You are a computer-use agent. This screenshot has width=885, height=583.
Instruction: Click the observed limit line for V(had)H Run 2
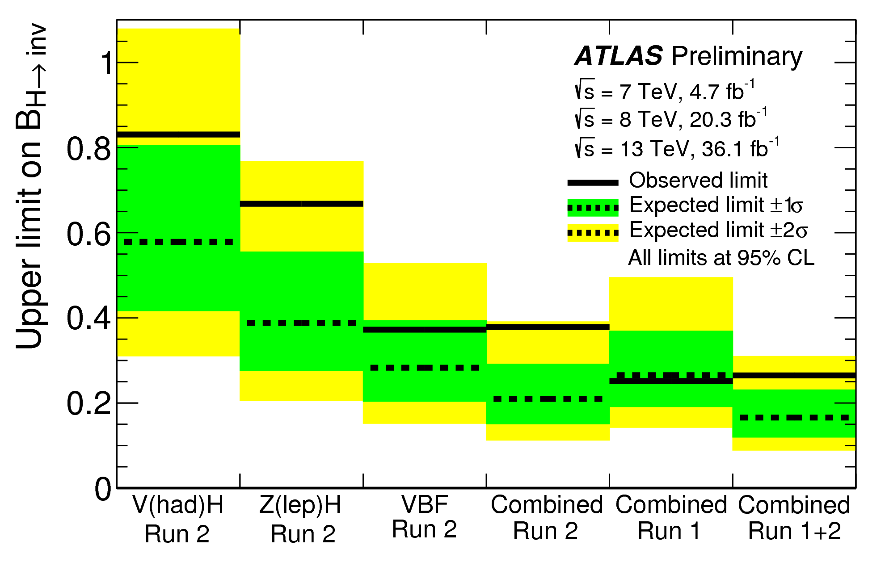(x=178, y=134)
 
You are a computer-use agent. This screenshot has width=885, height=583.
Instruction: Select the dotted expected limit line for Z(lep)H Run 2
(x=302, y=323)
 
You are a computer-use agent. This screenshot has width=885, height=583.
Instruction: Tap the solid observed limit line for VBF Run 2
(x=425, y=330)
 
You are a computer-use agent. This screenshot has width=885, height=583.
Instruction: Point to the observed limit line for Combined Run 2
(x=548, y=327)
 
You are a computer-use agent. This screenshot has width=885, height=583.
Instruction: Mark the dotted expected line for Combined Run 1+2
(x=794, y=417)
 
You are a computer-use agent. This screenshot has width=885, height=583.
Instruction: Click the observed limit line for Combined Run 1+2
(x=794, y=375)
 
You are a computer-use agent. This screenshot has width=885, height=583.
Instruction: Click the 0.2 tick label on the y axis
(x=88, y=403)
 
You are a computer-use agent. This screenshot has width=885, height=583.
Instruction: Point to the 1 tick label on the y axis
(x=106, y=63)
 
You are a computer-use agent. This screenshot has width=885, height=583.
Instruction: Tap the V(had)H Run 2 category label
(x=178, y=519)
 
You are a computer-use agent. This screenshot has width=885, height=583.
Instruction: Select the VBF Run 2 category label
(x=425, y=517)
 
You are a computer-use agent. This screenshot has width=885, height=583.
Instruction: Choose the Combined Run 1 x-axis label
(x=670, y=518)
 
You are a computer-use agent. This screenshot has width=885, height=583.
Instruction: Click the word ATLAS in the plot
(x=619, y=56)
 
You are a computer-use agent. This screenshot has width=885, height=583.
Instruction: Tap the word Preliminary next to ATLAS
(x=737, y=57)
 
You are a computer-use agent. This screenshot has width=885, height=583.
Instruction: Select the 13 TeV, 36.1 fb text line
(x=676, y=148)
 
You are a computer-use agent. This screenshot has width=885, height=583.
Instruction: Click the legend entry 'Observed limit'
(x=698, y=180)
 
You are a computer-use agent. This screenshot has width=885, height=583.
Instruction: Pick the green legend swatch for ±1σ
(x=593, y=208)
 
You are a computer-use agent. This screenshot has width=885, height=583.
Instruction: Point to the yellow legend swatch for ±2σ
(x=593, y=233)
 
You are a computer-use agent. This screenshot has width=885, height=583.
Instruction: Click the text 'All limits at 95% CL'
(x=721, y=258)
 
